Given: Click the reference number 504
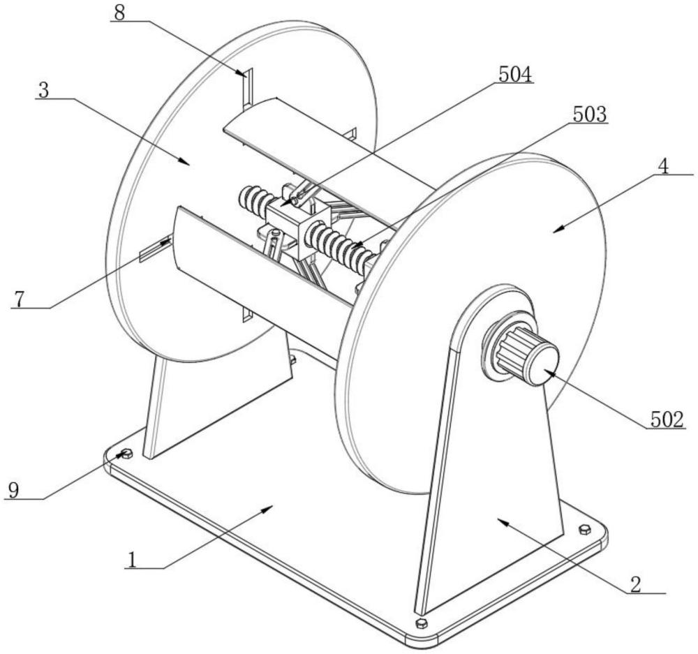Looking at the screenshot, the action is coord(515,75).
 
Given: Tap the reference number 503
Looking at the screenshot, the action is coord(589,115).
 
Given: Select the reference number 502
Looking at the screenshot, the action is coord(667,419).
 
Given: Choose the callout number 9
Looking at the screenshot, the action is coord(14,491).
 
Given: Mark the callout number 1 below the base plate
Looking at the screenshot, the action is coord(131,560).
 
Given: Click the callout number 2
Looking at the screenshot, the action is coord(636,584).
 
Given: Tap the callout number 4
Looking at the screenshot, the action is coord(663,166).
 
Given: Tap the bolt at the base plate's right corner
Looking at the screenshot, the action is coord(584,529).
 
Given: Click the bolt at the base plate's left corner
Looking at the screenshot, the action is coord(127,453).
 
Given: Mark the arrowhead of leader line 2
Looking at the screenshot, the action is coord(502,520).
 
